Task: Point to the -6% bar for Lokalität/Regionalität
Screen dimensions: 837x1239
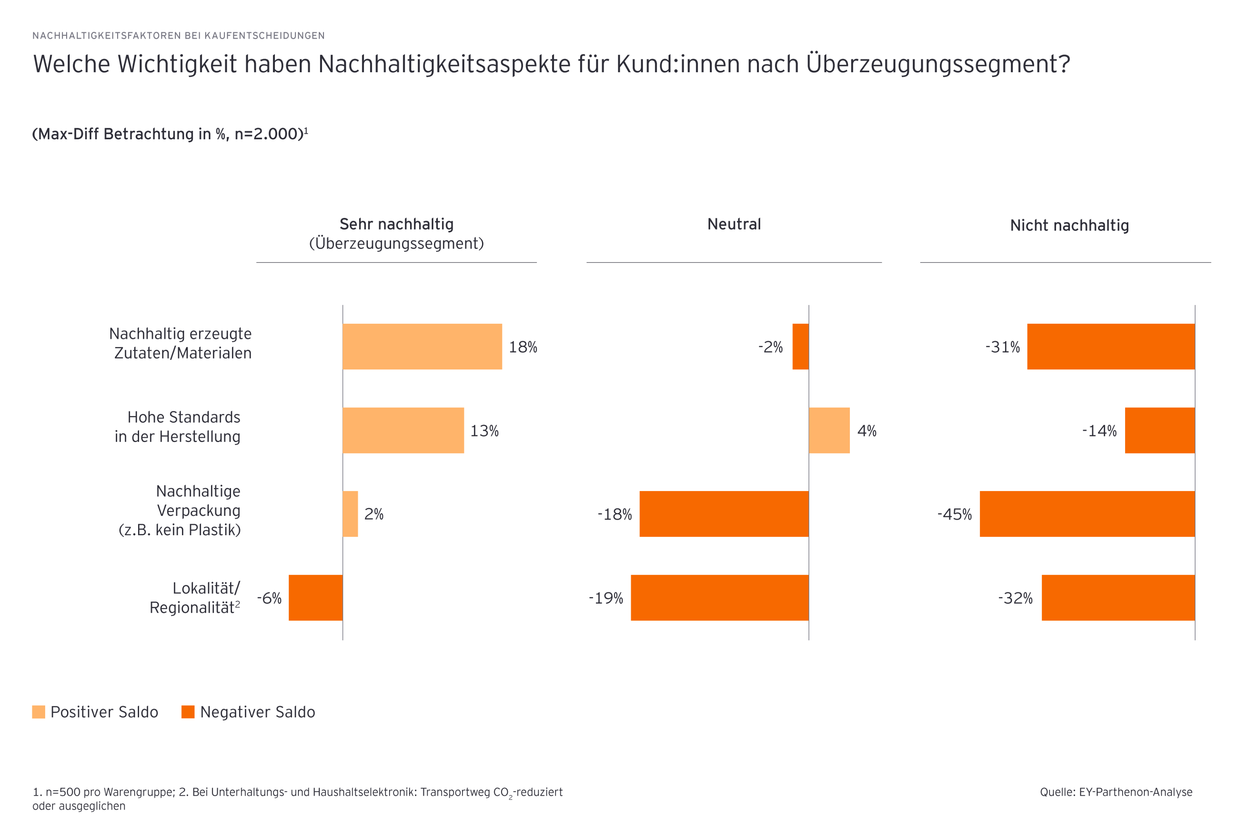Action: pos(315,597)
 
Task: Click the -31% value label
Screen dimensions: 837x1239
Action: pos(1002,347)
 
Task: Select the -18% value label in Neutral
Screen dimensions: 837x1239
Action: pos(614,514)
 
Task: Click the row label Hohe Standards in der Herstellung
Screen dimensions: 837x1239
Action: pos(177,426)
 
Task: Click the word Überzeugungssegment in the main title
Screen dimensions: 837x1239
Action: pos(937,64)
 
